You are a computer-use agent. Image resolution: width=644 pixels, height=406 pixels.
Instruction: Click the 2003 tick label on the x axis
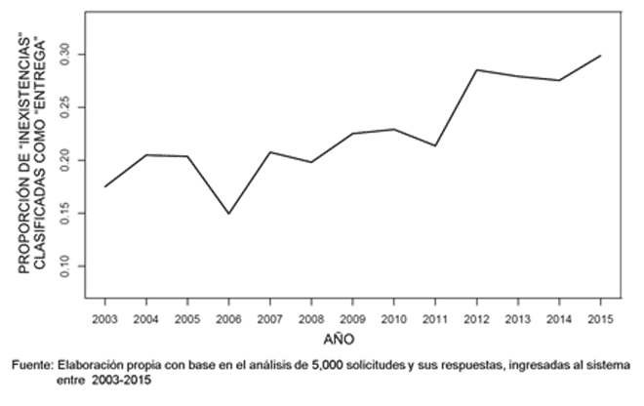104,319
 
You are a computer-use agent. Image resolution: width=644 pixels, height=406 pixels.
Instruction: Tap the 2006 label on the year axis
228,319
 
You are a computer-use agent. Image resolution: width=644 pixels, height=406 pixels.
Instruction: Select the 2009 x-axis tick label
352,319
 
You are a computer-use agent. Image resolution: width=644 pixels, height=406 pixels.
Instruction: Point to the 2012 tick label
476,319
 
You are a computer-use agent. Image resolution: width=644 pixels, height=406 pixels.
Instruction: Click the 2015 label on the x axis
600,319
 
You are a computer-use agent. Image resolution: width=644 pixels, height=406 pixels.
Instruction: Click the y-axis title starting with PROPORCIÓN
26,156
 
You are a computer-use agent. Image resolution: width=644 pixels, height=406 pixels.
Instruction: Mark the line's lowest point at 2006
228,213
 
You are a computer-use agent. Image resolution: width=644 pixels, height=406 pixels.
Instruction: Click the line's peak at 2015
600,56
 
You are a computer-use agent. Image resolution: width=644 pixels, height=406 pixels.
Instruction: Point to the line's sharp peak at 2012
476,69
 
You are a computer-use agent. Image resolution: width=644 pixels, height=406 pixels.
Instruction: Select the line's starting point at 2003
104,186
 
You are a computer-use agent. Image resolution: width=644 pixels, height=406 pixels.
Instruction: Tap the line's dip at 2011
435,145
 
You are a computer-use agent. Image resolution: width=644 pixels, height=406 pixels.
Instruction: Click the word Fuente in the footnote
32,364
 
